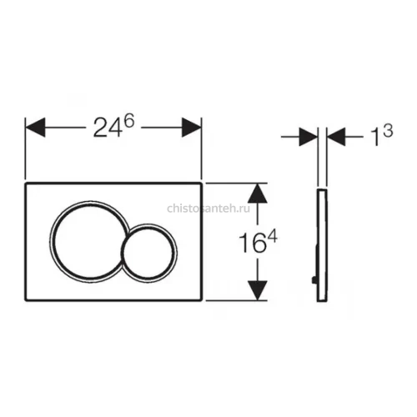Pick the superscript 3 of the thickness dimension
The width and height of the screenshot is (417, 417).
point(388,130)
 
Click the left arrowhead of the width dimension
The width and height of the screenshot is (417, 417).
point(35,128)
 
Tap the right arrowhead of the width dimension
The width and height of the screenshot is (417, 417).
point(192,128)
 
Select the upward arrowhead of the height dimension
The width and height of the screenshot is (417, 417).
point(258,193)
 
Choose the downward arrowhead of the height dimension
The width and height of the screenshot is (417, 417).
point(258,290)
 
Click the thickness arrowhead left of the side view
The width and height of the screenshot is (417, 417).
point(309,137)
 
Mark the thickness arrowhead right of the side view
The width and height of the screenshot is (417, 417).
point(336,137)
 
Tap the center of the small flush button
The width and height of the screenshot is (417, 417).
point(149,252)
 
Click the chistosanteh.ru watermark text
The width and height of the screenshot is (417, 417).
point(208,208)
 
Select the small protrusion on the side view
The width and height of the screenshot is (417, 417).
point(315,279)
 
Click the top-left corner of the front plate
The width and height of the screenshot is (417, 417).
point(25,183)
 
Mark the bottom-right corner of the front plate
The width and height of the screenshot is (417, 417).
point(201,300)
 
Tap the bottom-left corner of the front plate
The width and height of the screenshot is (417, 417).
point(25,300)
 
